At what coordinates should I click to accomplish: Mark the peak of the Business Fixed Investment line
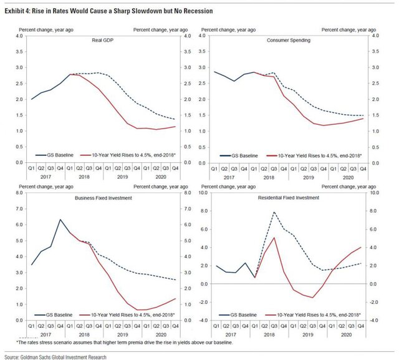60,220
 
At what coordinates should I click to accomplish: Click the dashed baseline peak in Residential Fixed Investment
274,212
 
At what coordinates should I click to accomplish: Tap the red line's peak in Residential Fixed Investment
274,238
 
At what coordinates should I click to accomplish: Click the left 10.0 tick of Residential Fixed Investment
202,193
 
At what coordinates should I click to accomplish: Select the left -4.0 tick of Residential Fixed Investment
202,320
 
